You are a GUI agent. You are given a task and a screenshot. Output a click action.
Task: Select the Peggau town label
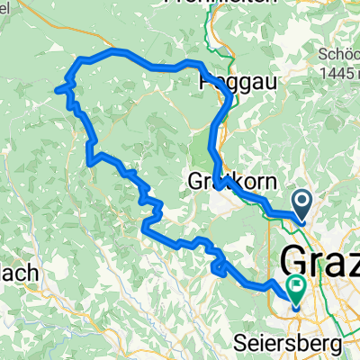pos(238,81)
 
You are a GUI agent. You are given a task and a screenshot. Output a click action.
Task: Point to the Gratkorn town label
pos(229,180)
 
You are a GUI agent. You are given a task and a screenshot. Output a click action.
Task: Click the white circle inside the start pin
pos(301,201)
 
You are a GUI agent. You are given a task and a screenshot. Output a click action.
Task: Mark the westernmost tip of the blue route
pos(57,89)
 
